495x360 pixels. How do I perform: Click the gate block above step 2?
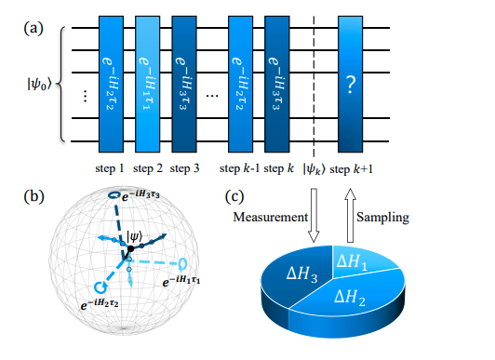[148, 85]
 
